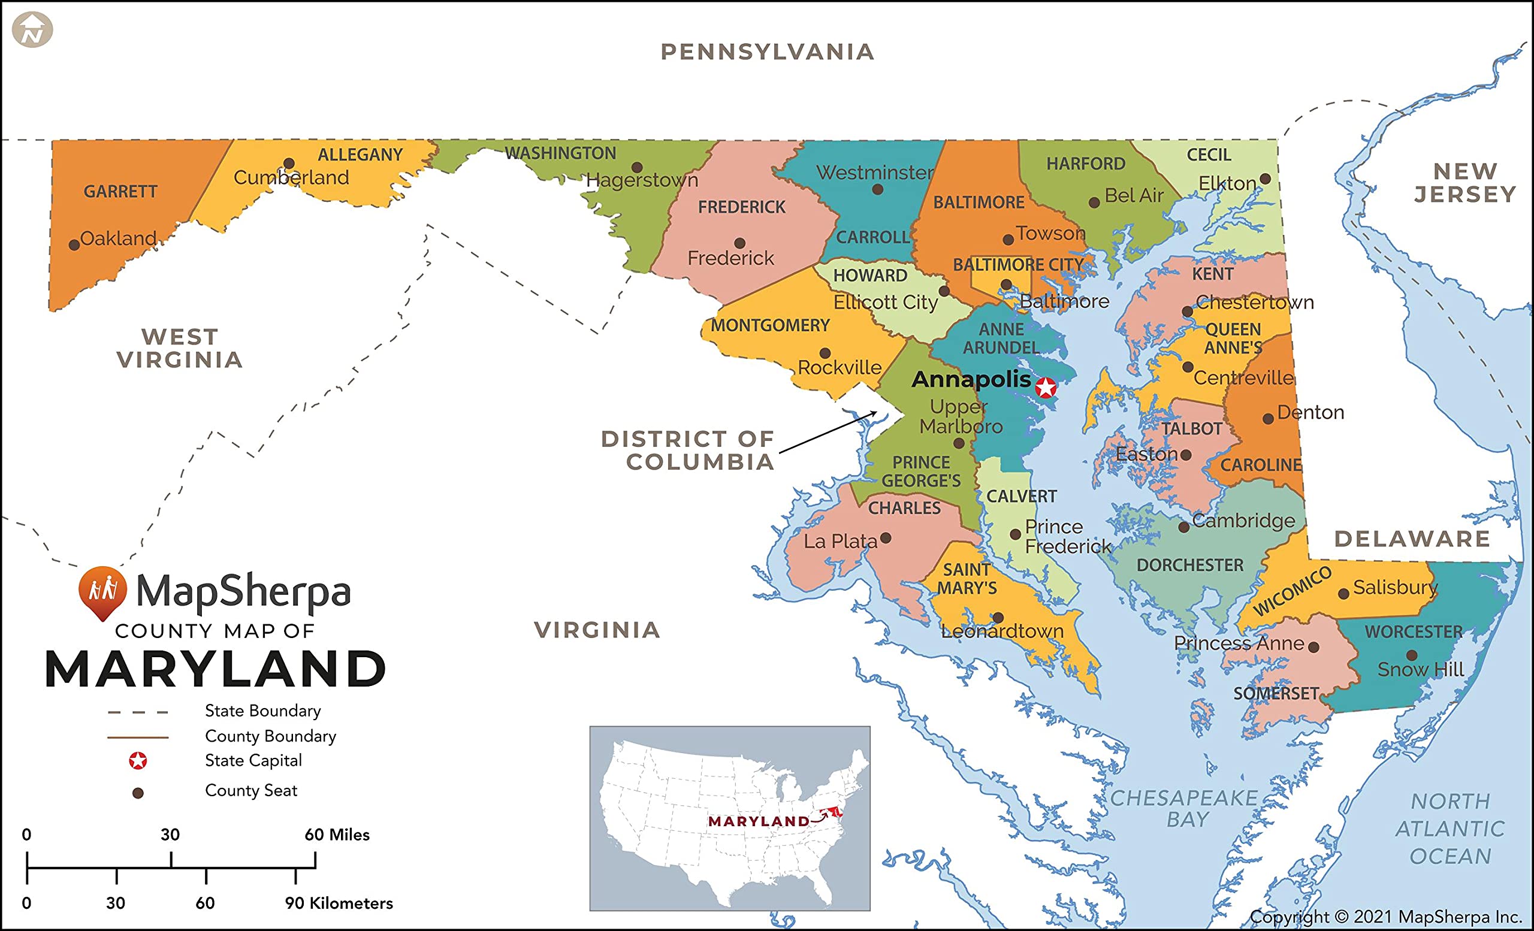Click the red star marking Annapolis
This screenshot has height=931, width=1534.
[1046, 388]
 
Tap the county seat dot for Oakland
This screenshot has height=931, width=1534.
[74, 245]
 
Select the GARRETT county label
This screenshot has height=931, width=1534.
[120, 192]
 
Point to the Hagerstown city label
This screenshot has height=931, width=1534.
[642, 180]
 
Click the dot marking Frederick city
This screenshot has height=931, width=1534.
[739, 243]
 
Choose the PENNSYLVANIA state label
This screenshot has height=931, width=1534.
[767, 52]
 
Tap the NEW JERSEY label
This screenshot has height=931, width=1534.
[1465, 183]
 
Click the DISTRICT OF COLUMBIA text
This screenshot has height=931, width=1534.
[688, 451]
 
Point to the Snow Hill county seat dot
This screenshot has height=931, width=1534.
[1412, 655]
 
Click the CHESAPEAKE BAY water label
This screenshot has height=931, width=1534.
[1184, 808]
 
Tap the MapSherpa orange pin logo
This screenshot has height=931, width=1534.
[102, 592]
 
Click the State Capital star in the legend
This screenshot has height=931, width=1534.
[138, 760]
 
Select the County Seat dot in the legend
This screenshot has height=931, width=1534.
[138, 793]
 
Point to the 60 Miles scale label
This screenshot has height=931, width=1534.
[337, 835]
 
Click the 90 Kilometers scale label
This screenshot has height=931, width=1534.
[339, 903]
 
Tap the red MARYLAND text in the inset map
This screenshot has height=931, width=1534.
[758, 821]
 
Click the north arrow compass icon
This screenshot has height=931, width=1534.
[32, 30]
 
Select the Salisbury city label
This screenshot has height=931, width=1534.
[1395, 588]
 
